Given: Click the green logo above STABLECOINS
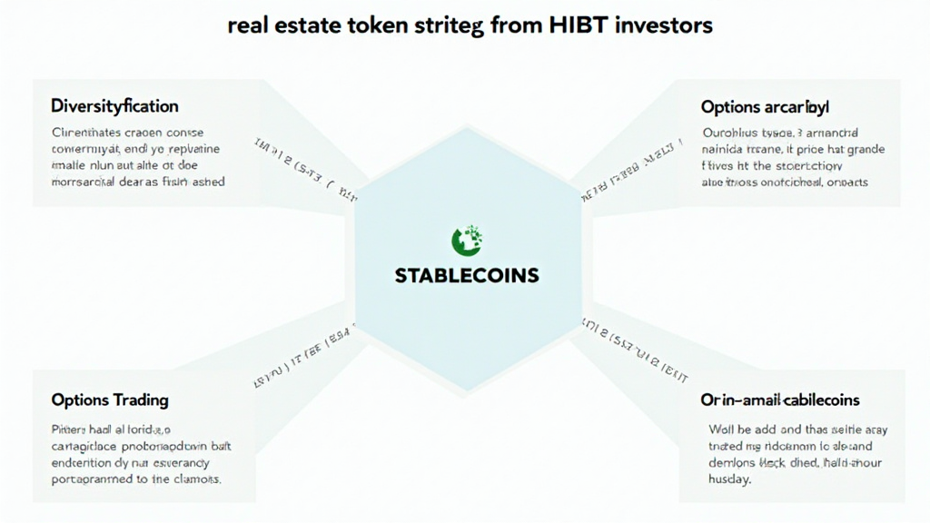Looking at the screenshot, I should [467, 240].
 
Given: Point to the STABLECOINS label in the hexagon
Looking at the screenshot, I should [467, 274].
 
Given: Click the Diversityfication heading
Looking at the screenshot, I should [114, 106].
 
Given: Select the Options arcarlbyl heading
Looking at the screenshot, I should [766, 107].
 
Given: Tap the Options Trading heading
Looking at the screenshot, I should [110, 400].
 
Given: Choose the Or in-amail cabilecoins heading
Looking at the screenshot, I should [780, 400].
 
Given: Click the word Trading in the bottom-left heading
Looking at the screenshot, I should [140, 400].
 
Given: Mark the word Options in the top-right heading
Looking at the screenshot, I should [730, 107].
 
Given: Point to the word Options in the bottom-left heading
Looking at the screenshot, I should [80, 400].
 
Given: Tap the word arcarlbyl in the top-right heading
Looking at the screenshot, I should [797, 107].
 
